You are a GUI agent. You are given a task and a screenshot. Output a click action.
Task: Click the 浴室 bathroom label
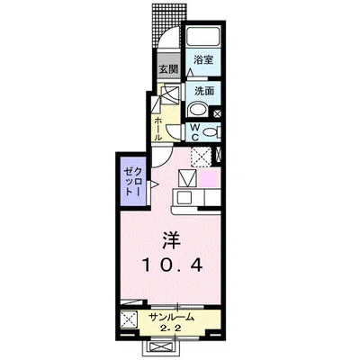(x=202, y=60)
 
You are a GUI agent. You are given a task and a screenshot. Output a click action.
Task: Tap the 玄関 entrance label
(x=169, y=68)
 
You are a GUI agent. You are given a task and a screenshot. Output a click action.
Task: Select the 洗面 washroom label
(x=202, y=91)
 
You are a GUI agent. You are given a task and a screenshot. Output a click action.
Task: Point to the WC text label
(x=193, y=132)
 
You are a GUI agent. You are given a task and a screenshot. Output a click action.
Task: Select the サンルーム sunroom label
(x=171, y=316)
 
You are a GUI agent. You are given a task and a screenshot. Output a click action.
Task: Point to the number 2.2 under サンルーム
(x=171, y=328)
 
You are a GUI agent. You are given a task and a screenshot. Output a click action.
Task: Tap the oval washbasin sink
(x=197, y=109)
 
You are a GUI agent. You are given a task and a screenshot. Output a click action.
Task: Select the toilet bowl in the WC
(x=209, y=132)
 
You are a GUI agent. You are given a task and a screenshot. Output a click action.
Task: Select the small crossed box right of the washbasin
(x=217, y=112)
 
